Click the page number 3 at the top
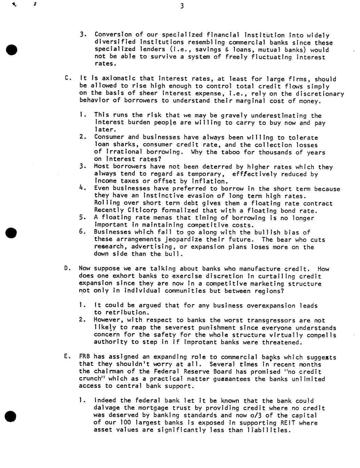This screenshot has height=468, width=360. [182, 6]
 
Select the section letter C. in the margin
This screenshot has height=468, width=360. [67, 79]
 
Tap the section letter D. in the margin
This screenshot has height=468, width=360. [67, 269]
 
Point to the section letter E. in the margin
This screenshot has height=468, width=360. [67, 356]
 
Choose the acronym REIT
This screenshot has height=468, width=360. [290, 423]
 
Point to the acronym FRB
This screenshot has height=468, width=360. [85, 356]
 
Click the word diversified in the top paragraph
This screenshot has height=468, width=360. [115, 42]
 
